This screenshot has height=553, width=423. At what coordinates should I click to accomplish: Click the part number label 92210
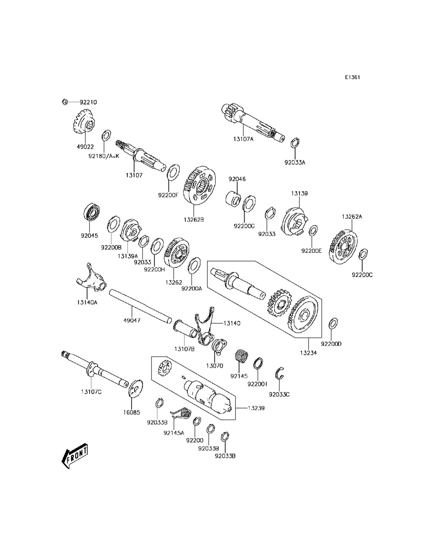pyautogui.click(x=88, y=102)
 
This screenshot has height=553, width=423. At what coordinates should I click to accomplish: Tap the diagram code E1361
pyautogui.click(x=352, y=77)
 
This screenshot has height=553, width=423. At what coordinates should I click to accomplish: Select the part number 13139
pyautogui.click(x=299, y=193)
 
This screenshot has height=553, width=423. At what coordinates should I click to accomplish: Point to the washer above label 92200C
pyautogui.click(x=363, y=255)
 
